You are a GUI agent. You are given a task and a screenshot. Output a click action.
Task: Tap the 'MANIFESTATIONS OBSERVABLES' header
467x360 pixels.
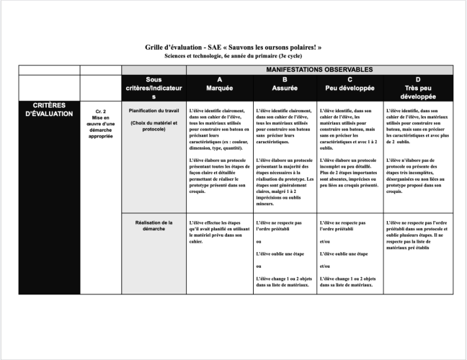[x=319, y=69]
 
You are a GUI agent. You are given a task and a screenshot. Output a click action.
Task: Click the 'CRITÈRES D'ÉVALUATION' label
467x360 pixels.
[x=49, y=109]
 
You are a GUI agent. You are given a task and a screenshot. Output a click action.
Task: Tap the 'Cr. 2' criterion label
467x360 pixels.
[x=100, y=112]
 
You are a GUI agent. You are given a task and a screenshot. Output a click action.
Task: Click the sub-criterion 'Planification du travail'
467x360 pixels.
[x=154, y=111]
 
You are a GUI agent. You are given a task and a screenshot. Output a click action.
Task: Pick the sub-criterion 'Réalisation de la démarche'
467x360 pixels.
[x=154, y=227]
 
